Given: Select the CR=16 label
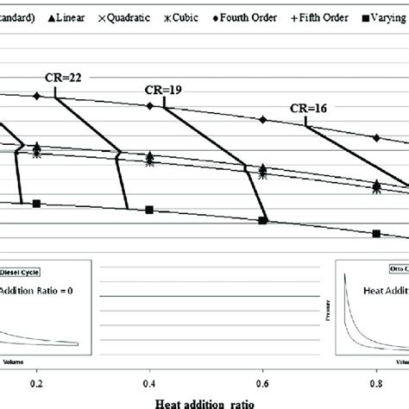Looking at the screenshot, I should pyautogui.click(x=305, y=108).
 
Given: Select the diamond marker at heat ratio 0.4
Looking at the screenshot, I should pyautogui.click(x=149, y=105).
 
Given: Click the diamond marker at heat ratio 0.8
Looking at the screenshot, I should pyautogui.click(x=376, y=137).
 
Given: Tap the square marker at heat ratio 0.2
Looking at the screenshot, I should pyautogui.click(x=36, y=203).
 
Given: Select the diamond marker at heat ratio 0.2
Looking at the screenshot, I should pyautogui.click(x=36, y=96).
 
